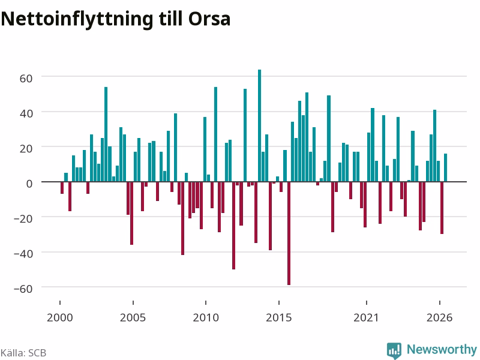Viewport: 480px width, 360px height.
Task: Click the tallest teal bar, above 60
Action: (260, 125)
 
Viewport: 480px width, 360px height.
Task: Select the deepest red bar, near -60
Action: (289, 233)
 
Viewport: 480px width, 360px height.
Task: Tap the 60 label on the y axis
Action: (26, 79)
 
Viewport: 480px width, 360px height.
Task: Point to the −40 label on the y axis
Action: (23, 254)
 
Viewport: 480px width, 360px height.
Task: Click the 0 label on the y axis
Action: (29, 184)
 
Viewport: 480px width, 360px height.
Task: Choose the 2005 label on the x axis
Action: (133, 318)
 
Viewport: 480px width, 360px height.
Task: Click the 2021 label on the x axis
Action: (366, 318)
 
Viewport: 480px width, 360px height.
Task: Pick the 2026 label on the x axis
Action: (439, 318)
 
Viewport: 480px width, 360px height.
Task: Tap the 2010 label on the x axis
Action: (206, 318)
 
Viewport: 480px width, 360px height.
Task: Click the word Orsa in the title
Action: (209, 19)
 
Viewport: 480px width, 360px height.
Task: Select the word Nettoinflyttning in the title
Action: (77, 20)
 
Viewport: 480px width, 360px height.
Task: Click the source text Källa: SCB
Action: (23, 353)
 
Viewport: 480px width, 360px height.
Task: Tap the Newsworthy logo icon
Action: (394, 350)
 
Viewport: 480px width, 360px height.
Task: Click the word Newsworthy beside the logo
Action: (442, 349)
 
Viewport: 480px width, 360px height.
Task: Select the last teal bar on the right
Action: (445, 167)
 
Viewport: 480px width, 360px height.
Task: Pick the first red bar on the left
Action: (62, 188)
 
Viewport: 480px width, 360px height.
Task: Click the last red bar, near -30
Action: (442, 208)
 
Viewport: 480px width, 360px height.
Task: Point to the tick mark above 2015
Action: (279, 303)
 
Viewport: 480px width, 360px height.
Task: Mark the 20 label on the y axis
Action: (26, 149)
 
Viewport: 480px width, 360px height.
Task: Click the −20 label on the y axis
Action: (23, 219)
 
